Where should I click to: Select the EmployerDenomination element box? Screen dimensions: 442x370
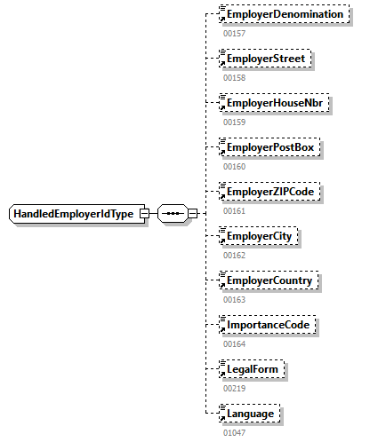[284, 15]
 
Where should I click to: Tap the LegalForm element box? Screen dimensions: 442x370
[255, 368]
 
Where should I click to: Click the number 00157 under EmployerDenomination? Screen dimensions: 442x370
[233, 33]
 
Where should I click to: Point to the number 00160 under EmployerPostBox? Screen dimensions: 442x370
[233, 166]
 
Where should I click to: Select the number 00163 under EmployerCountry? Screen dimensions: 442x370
[233, 299]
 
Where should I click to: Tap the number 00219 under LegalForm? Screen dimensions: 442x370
[233, 387]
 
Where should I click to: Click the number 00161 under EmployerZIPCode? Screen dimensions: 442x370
[233, 210]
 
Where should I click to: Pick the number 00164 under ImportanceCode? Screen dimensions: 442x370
[233, 343]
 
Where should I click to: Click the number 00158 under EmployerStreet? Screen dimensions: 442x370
[233, 77]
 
